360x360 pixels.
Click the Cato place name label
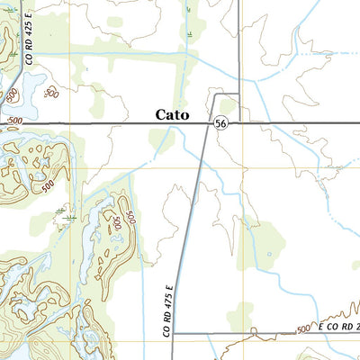[177, 114]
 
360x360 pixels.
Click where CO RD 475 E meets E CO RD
[173, 333]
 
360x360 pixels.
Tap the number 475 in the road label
[166, 301]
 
